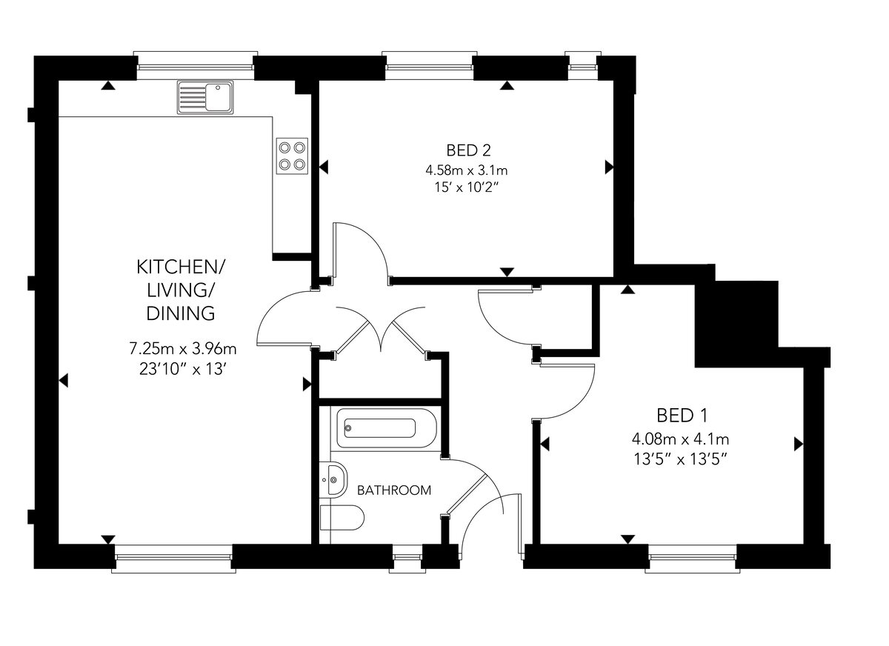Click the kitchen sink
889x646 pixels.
click(205, 97)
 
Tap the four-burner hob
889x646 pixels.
click(292, 156)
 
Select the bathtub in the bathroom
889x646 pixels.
click(387, 428)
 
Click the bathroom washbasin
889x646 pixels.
click(333, 480)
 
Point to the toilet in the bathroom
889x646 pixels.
click(342, 517)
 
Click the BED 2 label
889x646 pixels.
click(468, 150)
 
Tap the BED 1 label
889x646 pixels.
click(682, 416)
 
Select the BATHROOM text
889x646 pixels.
click(393, 490)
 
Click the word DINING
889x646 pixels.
click(181, 313)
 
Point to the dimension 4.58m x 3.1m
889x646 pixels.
click(466, 170)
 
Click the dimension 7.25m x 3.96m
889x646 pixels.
click(183, 349)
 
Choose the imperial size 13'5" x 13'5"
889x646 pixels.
click(680, 459)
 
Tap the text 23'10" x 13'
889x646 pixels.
click(183, 370)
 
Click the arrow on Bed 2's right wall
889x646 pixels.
click(609, 167)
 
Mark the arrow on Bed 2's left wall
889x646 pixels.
click(324, 167)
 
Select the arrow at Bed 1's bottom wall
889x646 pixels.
click(627, 539)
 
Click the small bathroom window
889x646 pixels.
click(407, 559)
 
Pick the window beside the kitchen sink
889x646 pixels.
click(196, 65)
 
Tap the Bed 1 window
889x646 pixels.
click(692, 559)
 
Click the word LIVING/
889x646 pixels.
click(181, 290)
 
